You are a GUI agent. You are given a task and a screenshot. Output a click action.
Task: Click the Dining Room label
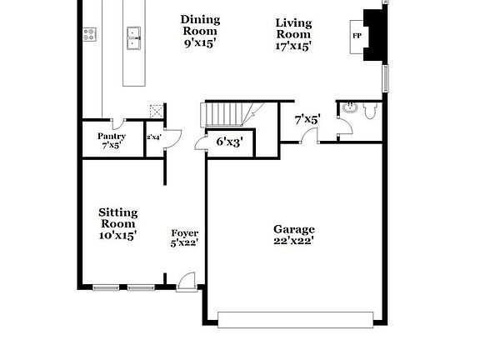(199, 31)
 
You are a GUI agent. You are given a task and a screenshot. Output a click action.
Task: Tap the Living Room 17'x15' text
(293, 34)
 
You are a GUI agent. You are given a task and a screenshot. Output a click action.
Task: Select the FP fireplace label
(357, 37)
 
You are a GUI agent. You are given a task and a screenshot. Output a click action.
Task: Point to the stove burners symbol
(89, 34)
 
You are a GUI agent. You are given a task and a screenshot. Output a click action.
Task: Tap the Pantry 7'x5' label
(111, 140)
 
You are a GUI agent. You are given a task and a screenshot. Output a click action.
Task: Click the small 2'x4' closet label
(153, 137)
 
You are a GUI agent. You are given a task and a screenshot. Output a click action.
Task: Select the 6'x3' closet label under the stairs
(228, 142)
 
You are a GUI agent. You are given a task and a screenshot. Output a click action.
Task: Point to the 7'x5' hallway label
(307, 119)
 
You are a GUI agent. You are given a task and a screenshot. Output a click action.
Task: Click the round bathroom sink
(348, 107)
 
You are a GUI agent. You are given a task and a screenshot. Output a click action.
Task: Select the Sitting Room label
(118, 223)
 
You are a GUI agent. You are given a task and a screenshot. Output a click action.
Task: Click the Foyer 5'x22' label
(184, 238)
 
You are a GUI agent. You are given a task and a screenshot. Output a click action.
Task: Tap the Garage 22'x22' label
(294, 235)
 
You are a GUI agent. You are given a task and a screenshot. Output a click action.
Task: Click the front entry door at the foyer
(187, 281)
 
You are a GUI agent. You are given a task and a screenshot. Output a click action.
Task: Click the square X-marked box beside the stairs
(153, 111)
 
